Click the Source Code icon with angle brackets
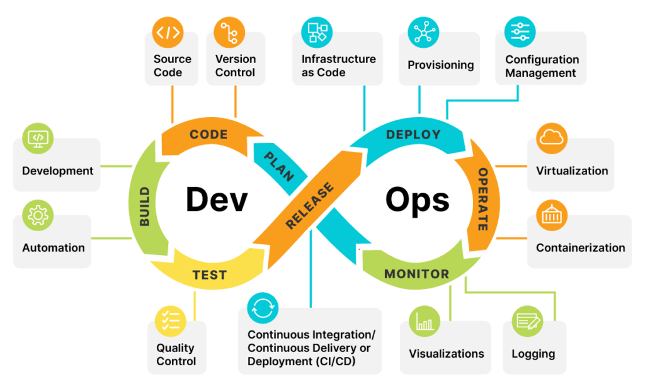coord(168,32)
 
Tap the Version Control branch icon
coord(229,33)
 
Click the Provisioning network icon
coord(423,33)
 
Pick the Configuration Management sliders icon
coord(520,31)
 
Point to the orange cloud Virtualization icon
coord(552,139)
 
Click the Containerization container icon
coord(552,216)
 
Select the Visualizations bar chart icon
coord(425,322)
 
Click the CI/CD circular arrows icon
coord(263,309)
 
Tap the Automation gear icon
coord(38,216)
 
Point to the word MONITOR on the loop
coord(416,275)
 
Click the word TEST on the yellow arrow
coord(209,275)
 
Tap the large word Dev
coord(216,200)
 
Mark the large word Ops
coord(418,200)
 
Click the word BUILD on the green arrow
coord(145,207)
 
